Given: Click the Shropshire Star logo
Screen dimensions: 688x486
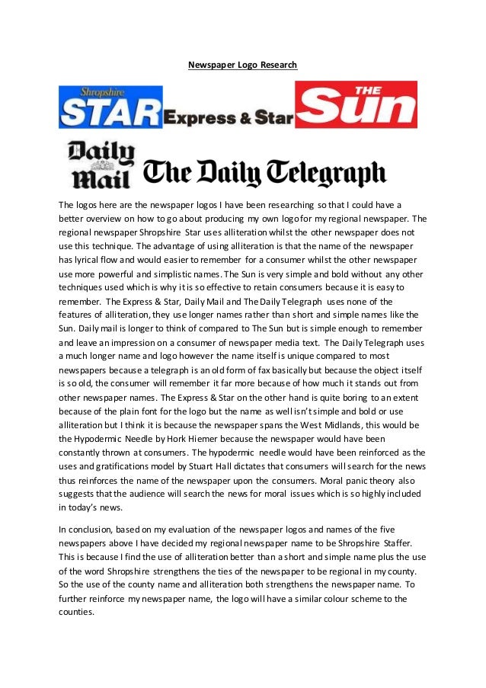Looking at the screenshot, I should [x=110, y=107].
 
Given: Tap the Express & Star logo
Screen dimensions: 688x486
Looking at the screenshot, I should [x=229, y=117].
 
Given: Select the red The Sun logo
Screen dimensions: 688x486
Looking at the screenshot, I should [x=356, y=104].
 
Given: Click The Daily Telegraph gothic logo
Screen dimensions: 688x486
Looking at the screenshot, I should [x=265, y=172].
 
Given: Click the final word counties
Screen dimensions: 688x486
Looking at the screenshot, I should [x=76, y=612].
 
